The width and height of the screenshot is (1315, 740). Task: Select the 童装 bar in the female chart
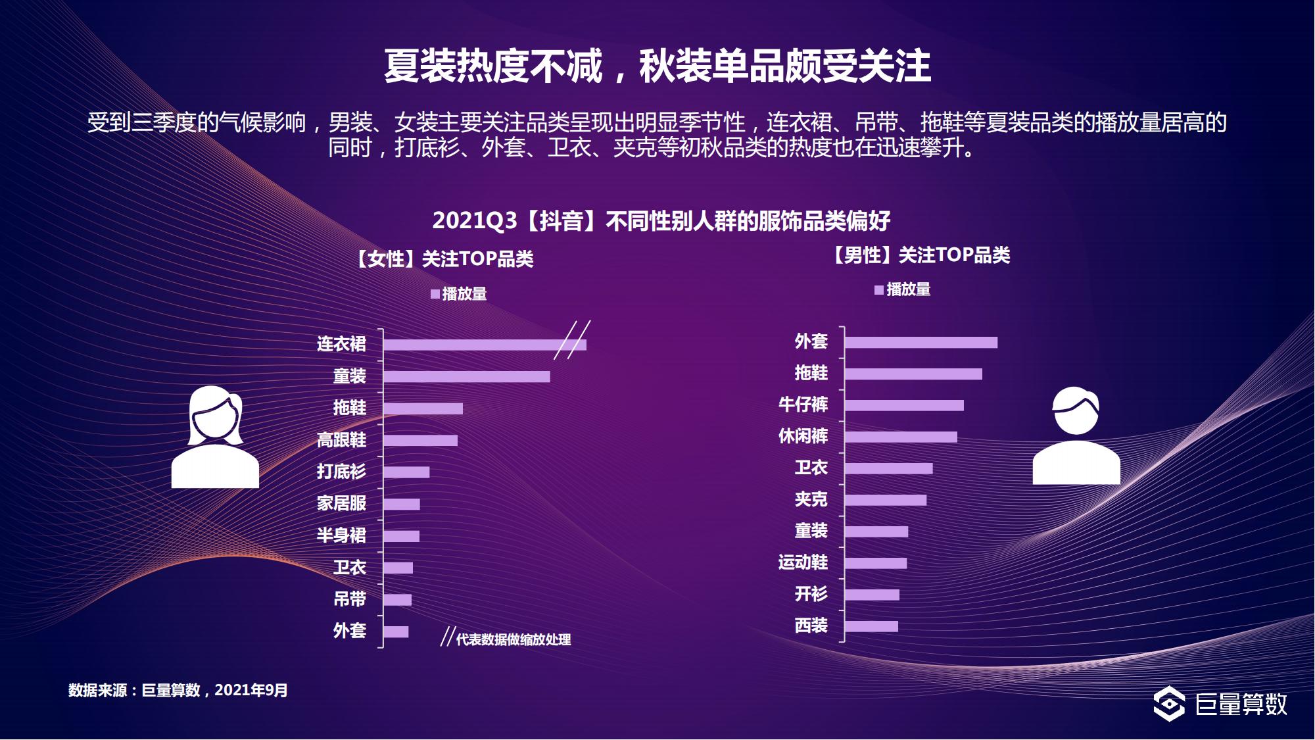pos(466,377)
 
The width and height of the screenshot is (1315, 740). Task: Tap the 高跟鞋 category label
pos(341,440)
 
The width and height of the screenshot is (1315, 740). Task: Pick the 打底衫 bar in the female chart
pos(406,472)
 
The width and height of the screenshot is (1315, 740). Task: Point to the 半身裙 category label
pos(341,535)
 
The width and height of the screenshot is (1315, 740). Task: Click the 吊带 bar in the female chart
pos(397,600)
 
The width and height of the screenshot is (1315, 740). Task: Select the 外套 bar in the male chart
pos(920,343)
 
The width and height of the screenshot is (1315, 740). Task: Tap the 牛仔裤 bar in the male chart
pos(904,405)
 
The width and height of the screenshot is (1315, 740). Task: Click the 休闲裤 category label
pos(803,436)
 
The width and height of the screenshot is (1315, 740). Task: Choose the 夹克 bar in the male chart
pos(885,501)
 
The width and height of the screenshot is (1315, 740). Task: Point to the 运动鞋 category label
pos(803,562)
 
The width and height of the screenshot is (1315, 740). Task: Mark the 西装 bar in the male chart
pos(871,626)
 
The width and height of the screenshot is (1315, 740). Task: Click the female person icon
pos(215,437)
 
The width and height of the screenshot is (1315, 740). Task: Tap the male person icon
pos(1076,436)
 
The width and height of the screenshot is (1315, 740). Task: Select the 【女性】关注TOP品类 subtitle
pos(444,259)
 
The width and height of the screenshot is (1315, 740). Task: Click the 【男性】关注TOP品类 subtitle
pos(920,255)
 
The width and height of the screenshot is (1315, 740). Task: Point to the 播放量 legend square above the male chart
pos(879,290)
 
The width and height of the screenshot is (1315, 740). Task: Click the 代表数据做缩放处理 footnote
pos(513,639)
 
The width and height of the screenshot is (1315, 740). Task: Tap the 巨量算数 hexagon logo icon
pos(1169,704)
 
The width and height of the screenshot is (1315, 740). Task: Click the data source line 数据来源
pos(178,690)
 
